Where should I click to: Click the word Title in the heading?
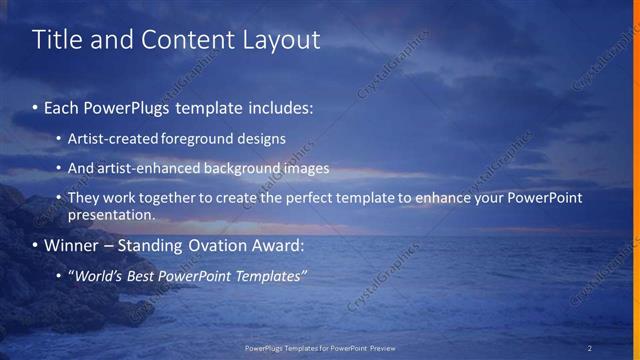coord(54,40)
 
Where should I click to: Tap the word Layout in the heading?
coord(283,40)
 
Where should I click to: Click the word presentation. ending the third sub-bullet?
coord(111,214)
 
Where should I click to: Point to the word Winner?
coord(73,245)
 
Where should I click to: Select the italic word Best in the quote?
coord(146,275)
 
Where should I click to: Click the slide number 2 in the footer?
coord(589,348)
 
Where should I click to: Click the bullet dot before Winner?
coord(36,245)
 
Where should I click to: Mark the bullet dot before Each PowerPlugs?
coord(36,106)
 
